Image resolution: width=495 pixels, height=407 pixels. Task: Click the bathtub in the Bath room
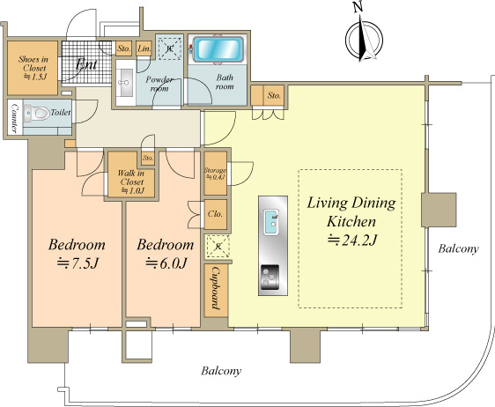coord(218,49)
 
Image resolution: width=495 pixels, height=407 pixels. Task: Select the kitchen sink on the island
coord(271,222)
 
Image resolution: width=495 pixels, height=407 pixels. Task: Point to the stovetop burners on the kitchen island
coord(270,277)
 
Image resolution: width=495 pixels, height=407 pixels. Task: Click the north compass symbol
coord(365,40)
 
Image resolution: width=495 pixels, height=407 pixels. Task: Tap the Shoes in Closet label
coord(33,68)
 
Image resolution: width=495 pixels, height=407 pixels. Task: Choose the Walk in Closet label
coord(131,181)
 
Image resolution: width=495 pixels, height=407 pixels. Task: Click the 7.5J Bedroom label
coord(77,254)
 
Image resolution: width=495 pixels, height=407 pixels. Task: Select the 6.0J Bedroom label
coord(165,254)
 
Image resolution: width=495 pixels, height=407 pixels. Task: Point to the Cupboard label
coord(216,288)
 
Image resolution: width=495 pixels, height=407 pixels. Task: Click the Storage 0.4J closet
coord(215,174)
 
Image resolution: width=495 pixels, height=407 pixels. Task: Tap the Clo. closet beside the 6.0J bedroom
coord(215,214)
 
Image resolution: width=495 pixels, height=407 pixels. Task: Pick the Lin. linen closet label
coord(144,48)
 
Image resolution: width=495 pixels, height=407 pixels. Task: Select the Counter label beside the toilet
coord(14,117)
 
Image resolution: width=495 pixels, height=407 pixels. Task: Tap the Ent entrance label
coord(86,64)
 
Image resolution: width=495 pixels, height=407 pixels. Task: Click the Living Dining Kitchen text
coord(351,211)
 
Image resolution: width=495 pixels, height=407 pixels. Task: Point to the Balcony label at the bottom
coord(221,371)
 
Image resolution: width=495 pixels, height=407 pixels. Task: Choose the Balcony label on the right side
coord(458,248)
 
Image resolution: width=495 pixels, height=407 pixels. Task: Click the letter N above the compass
coord(358,7)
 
